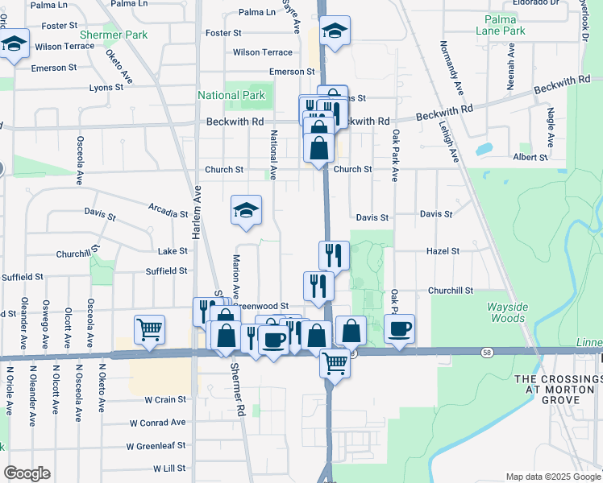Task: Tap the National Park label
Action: (231, 95)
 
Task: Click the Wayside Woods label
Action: (506, 313)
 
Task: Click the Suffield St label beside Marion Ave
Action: (168, 271)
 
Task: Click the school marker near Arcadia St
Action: (247, 211)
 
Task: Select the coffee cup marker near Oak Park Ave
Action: (399, 328)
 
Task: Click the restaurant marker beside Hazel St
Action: (334, 256)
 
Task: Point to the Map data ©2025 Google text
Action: (552, 477)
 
